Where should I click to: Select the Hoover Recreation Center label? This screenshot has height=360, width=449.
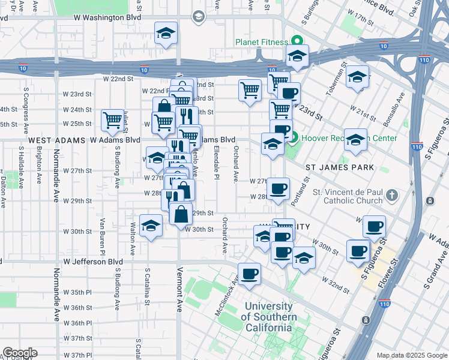pos(349,138)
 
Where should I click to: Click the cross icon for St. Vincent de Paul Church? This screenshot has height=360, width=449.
pos(391,196)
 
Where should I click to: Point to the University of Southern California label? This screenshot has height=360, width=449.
pos(270,317)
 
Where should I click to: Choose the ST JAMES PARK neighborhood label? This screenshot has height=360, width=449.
pos(340,167)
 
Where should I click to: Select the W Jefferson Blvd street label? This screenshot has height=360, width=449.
pos(93,262)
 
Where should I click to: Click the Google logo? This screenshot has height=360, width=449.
pos(19,353)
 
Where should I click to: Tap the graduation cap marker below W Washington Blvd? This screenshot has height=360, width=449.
pos(166,34)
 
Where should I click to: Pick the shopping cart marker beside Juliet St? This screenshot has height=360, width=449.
pos(112,121)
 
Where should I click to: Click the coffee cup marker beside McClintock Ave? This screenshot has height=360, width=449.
pos(249,274)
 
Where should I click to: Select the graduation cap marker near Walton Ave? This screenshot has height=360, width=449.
pos(150,226)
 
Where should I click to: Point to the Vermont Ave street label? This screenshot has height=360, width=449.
pos(179,305)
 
